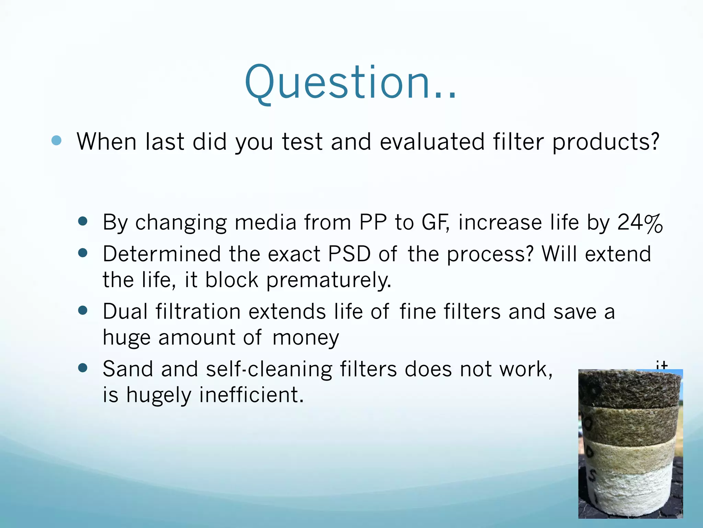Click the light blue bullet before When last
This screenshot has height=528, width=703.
pos(56,140)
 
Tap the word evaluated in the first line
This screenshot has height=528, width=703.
pos(432,142)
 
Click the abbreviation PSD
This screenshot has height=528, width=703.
pos(349,254)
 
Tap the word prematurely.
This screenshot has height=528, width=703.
pos(329,280)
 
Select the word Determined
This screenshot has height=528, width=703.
pos(161,254)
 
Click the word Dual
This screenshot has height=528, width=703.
pos(125,311)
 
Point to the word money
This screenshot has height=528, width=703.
pos(306,338)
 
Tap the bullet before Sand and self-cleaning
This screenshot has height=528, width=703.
pos(83,368)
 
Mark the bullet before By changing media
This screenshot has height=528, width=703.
pos(83,221)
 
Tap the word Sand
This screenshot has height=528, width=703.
pos(128,369)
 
